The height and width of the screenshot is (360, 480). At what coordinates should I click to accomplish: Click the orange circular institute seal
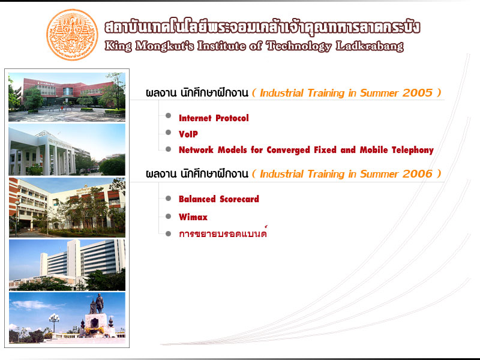72,35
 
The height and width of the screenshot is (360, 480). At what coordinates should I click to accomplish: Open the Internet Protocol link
214,118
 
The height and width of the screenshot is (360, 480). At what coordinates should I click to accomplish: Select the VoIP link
188,134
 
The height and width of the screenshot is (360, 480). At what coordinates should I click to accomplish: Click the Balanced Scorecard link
219,199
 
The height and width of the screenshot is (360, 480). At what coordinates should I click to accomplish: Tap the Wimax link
193,217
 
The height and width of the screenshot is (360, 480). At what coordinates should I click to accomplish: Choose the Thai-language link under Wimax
223,233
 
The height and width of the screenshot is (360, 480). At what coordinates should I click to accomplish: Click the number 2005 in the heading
418,93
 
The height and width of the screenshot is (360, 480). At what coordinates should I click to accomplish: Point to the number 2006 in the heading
418,174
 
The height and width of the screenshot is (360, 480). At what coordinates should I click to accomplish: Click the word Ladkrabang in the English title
370,47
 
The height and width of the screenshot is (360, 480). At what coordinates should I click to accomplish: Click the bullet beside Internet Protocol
168,115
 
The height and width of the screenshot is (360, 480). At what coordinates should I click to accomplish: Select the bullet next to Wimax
168,217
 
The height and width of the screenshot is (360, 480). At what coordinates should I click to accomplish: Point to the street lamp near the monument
54,323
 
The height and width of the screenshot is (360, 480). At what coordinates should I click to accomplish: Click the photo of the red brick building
67,97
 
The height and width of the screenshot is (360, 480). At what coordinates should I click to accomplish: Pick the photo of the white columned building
67,149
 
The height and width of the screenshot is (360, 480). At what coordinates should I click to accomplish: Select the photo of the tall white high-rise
67,265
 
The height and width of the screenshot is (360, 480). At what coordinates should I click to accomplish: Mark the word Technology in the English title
299,47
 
